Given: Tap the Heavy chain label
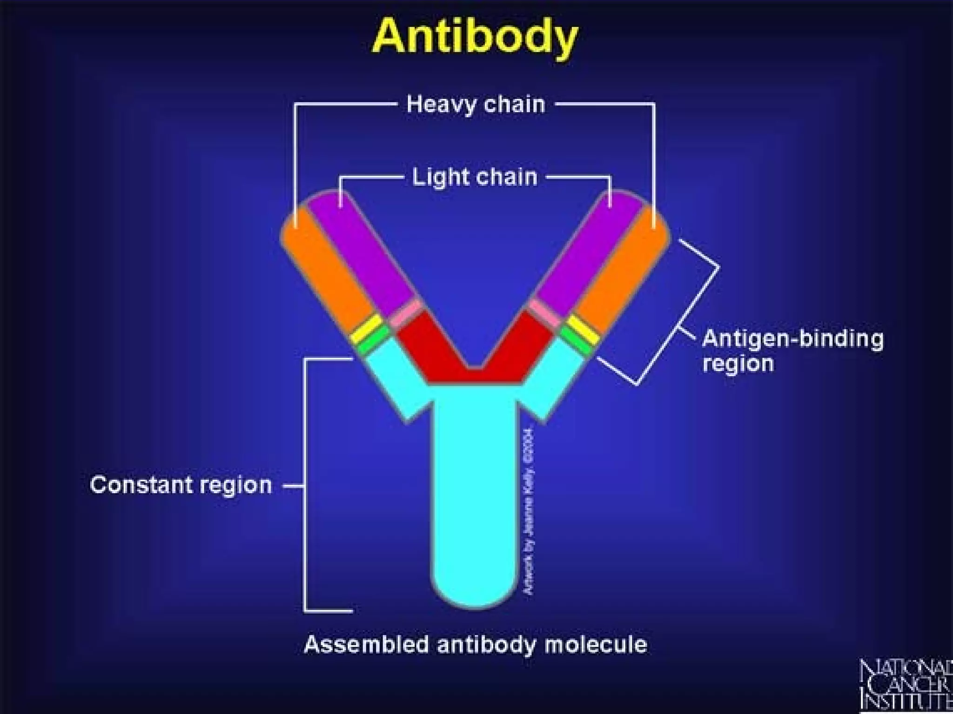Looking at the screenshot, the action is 476,104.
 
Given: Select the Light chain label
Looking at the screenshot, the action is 475,177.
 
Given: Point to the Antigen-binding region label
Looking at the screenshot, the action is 792,350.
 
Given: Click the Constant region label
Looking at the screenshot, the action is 181,485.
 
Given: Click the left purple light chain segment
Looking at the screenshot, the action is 363,246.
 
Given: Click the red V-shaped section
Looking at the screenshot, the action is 475,358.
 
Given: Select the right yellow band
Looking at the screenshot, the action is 583,329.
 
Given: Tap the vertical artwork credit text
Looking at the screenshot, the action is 530,511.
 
